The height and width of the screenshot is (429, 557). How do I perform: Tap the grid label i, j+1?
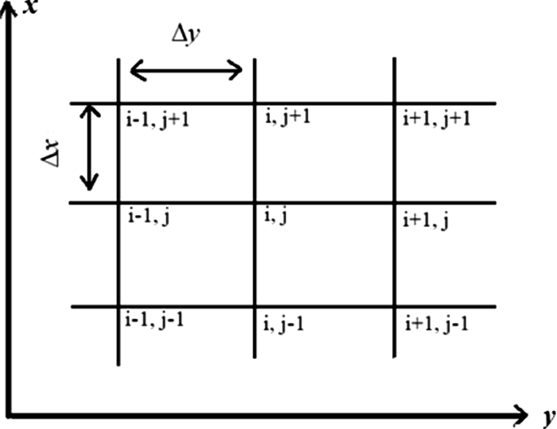(x=289, y=118)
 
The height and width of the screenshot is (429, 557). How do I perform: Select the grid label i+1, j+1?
(x=437, y=120)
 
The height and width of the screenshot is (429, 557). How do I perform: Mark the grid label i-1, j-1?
(x=154, y=320)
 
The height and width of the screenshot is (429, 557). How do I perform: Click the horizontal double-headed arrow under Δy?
(x=186, y=72)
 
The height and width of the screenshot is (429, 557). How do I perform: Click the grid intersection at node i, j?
(x=255, y=203)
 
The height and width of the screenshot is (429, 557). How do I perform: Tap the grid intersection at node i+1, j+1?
(x=394, y=103)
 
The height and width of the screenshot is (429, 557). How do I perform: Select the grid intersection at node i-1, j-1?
(x=120, y=306)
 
